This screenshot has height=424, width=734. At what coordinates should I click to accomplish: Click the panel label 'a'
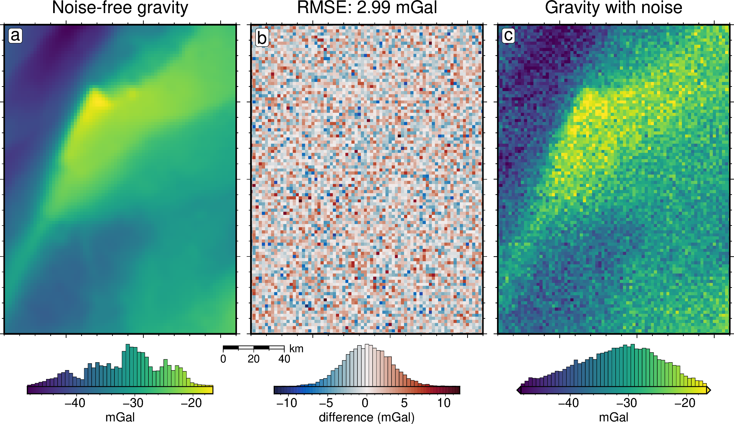15,36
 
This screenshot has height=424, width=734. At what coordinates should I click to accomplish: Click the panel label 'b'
262,38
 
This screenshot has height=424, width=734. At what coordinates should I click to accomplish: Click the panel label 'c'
508,36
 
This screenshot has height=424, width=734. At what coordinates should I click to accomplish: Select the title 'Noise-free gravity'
120,8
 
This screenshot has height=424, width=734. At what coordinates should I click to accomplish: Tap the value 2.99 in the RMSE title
373,8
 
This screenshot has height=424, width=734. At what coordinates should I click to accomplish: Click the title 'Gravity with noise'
614,8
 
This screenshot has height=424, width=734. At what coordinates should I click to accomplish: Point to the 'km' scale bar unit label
296,349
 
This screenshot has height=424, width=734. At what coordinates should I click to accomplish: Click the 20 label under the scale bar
253,359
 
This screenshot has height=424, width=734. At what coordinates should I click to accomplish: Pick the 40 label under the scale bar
284,359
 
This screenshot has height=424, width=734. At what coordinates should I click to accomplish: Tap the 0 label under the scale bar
223,359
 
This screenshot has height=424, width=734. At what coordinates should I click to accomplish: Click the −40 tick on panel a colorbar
75,403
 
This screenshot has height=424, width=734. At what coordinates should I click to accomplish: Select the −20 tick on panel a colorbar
191,403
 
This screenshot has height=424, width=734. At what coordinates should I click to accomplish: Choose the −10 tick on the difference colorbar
287,403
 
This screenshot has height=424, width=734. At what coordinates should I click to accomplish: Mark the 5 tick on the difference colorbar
404,403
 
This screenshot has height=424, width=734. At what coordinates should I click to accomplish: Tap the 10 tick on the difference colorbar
444,403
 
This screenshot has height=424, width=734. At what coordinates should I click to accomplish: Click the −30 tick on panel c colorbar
627,403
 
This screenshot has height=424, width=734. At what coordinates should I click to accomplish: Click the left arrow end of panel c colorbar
519,390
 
